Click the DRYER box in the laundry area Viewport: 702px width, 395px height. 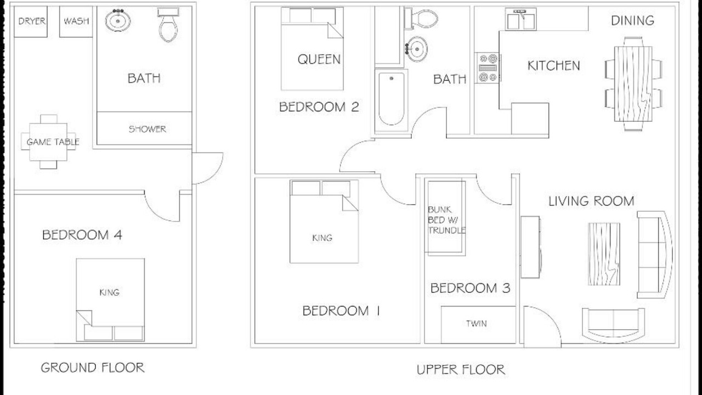pos(31,21)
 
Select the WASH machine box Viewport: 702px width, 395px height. pos(76,21)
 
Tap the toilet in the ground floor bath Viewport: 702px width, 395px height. pos(168,25)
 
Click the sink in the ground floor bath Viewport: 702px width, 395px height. pos(118,20)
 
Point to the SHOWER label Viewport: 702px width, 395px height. pos(148,129)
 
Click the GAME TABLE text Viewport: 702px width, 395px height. pos(53,142)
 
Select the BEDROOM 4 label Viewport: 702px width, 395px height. pos(82,235)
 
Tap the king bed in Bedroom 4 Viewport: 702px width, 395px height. pos(110,300)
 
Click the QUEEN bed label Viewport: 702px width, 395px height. pos(319,59)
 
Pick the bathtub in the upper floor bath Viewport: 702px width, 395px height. pos(392,100)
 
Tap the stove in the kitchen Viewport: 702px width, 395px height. pos(488,67)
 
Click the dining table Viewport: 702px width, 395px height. pos(633,84)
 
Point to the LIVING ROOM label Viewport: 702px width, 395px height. pos(591,201)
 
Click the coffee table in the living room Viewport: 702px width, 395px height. pos(604,254)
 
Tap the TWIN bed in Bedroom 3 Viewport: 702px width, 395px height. pos(478,325)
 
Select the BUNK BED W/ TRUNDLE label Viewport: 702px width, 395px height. pos(446,220)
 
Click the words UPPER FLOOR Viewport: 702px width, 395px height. pos(461,370)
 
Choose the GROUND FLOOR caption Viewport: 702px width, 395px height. pos(93,368)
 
